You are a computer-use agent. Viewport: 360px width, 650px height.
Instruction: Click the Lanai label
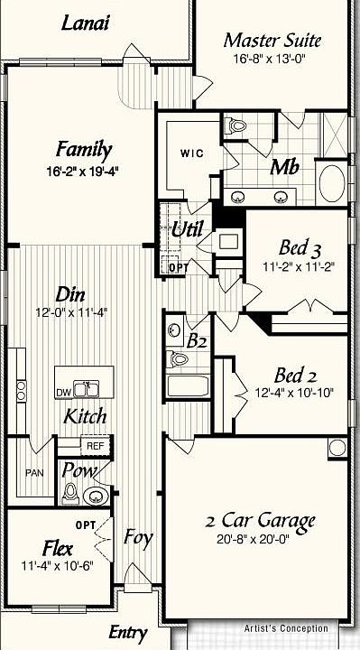pos(86,23)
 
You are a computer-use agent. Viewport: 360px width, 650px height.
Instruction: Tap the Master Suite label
pos(272,41)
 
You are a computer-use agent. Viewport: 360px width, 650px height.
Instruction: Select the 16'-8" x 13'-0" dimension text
pos(272,59)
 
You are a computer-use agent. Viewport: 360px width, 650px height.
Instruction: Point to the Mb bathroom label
pos(285,167)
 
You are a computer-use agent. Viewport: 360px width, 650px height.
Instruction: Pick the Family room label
pos(84,150)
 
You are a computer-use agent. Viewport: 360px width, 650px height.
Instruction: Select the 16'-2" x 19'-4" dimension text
pos(84,172)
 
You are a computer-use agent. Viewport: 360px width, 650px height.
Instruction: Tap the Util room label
pos(188,228)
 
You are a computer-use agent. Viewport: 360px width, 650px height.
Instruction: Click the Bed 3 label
pos(298,249)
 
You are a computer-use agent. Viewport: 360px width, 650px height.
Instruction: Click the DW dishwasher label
pos(63,393)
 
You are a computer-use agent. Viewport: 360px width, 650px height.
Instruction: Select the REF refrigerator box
pos(94,445)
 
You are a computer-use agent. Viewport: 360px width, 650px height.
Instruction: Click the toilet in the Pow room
pos(70,494)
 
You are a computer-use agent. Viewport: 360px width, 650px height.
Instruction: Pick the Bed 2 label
pos(298,376)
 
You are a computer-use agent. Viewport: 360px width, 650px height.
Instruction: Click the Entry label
pos(127,632)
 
